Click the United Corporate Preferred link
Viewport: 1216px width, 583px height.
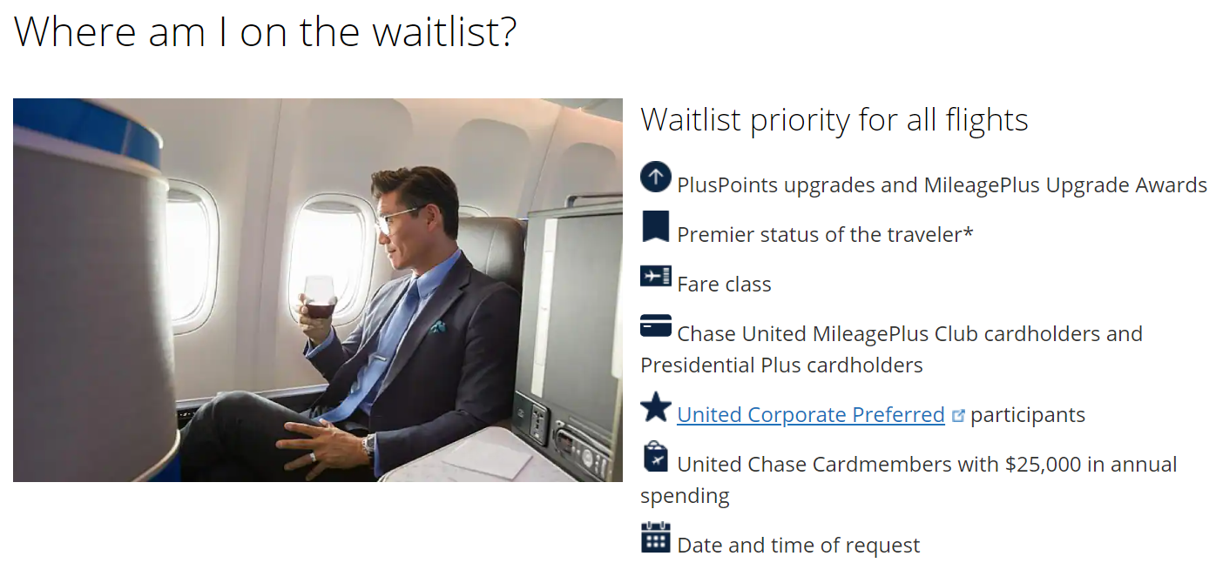click(810, 415)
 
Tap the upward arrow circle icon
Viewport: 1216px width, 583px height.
click(656, 178)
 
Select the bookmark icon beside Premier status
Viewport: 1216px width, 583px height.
click(656, 227)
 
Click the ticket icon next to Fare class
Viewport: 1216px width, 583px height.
click(656, 277)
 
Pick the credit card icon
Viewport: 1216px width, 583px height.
click(656, 326)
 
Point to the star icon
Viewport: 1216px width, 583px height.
click(656, 407)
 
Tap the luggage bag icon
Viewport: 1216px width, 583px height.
click(656, 457)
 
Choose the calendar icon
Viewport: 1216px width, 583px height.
click(656, 538)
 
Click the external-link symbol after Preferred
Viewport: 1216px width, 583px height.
click(958, 416)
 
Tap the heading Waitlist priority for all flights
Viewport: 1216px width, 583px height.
click(834, 120)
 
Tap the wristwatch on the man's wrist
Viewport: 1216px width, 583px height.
click(368, 445)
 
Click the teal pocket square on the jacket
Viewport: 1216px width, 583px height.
click(436, 327)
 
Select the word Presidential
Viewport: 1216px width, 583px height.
click(698, 365)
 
